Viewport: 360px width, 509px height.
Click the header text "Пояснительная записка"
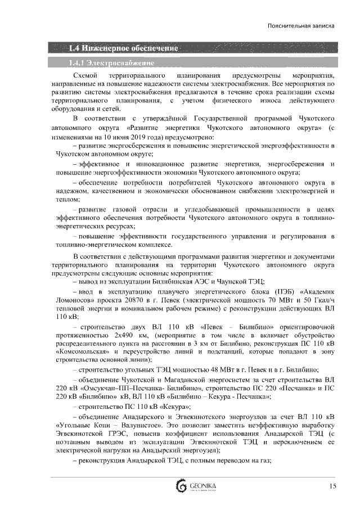pyautogui.click(x=301, y=26)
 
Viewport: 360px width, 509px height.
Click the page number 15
pyautogui.click(x=333, y=486)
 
